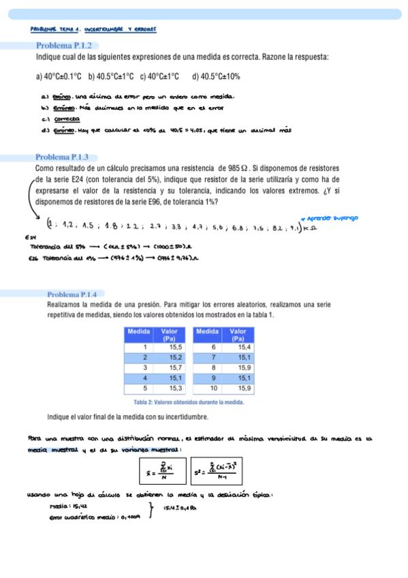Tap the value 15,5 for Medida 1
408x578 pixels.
tap(176, 347)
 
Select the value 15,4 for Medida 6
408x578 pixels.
tap(244, 347)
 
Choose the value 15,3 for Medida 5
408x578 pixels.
tap(176, 389)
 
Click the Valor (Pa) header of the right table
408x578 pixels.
tap(239, 334)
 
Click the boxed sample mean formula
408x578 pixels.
tap(162, 471)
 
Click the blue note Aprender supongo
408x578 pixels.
tap(330, 218)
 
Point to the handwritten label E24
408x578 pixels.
tap(29, 237)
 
